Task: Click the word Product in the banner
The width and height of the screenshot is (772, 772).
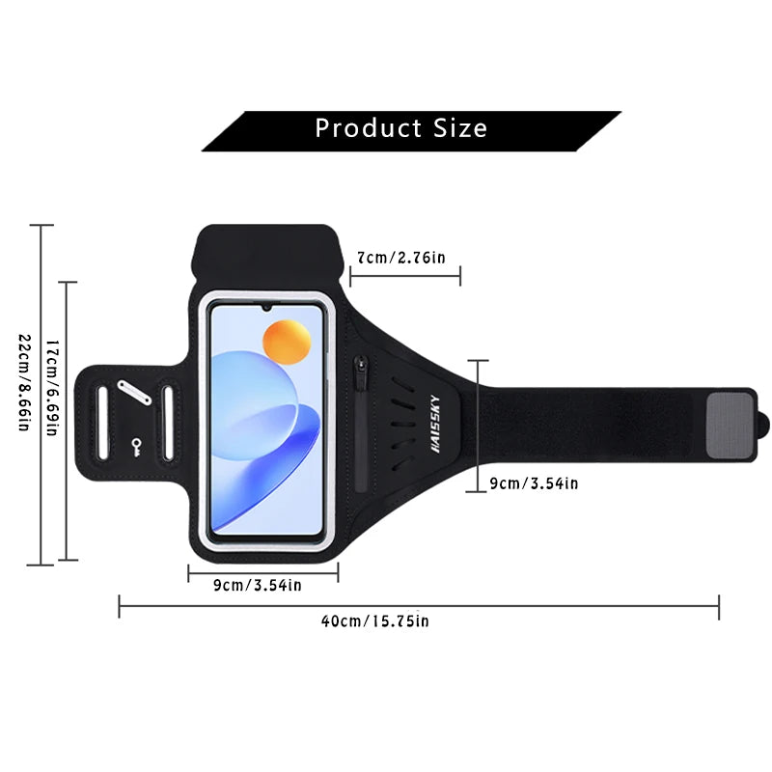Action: coord(369,128)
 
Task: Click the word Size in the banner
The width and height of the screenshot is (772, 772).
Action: coord(460,128)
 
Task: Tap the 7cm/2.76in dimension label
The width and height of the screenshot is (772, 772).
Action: coord(401,258)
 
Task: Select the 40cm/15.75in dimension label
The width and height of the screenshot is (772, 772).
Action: coord(375,620)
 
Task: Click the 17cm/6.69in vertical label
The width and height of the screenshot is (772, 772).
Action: coord(52,388)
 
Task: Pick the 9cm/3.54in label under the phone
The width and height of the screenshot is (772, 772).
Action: coord(258,585)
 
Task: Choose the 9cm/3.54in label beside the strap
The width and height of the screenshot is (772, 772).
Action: coord(535,483)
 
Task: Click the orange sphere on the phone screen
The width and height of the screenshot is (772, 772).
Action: coord(287,343)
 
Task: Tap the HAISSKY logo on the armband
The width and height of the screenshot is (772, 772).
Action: coord(435,424)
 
